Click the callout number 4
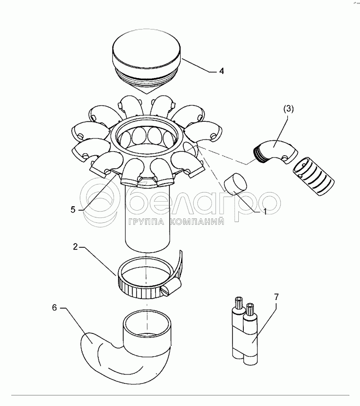pyautogui.click(x=221, y=71)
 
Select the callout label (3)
pyautogui.click(x=288, y=109)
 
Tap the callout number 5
pyautogui.click(x=73, y=209)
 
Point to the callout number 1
pyautogui.click(x=265, y=211)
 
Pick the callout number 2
pyautogui.click(x=75, y=247)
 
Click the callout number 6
pyautogui.click(x=55, y=308)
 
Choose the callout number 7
pyautogui.click(x=277, y=297)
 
